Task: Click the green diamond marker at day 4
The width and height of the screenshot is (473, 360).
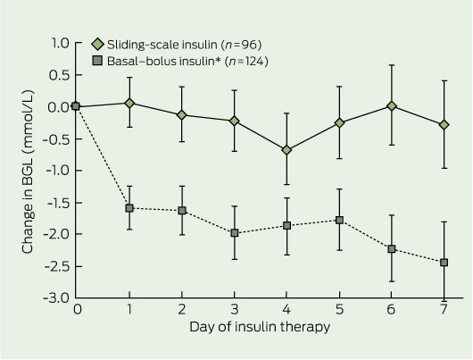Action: click(286, 150)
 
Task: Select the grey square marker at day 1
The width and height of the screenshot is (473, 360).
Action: click(129, 208)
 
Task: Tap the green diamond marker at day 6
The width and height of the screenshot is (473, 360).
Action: click(392, 106)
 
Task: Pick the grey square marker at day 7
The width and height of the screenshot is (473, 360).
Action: click(444, 263)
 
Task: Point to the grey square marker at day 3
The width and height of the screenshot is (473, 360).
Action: click(235, 233)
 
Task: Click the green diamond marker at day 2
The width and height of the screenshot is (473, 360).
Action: click(181, 114)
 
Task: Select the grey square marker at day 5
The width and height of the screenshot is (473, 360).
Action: click(339, 220)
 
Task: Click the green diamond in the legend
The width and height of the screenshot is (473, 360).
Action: click(97, 45)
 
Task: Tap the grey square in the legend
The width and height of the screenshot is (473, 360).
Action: click(97, 61)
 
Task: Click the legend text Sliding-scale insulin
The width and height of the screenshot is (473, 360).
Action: click(162, 45)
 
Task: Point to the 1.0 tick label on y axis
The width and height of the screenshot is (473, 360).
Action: click(61, 43)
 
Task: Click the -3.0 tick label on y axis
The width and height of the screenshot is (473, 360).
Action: click(56, 298)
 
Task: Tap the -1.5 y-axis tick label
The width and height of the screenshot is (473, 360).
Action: click(58, 203)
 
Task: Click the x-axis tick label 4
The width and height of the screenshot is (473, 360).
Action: click(286, 310)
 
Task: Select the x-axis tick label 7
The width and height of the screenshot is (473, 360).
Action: click(444, 310)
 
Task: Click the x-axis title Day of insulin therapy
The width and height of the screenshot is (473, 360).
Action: click(260, 327)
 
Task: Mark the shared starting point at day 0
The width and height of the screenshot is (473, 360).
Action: click(76, 106)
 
